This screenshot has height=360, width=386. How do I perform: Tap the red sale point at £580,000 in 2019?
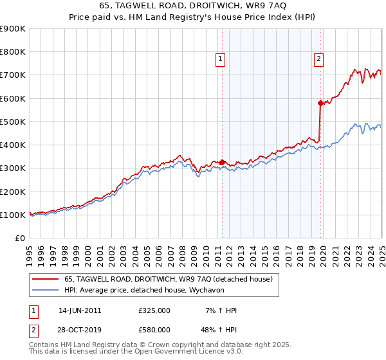coord(320,103)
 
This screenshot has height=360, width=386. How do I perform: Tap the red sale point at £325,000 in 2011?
coord(222,162)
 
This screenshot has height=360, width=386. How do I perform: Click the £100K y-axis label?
coord(13,215)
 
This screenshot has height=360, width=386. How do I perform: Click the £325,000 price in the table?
coord(154,310)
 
